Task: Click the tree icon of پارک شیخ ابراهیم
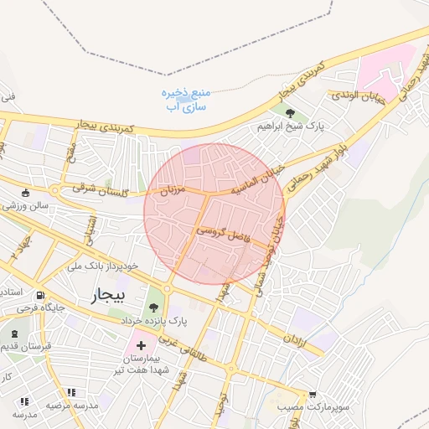[290, 114]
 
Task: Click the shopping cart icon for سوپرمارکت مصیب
[312, 393]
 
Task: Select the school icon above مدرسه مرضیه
[71, 392]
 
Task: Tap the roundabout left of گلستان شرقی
[55, 190]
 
